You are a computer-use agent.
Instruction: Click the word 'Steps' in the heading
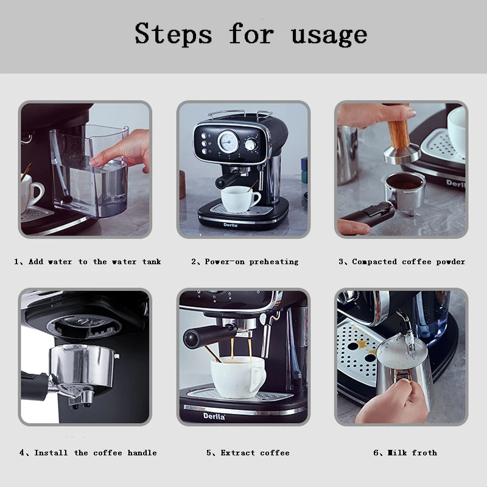click(x=173, y=34)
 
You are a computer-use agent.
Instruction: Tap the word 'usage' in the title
click(x=329, y=35)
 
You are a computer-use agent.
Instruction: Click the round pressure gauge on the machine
click(x=228, y=142)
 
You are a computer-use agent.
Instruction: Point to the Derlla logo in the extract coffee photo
click(x=214, y=416)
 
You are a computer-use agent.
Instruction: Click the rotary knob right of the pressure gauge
click(x=251, y=144)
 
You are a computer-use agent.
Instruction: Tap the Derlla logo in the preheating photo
click(x=231, y=225)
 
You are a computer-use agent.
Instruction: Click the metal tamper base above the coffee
click(x=402, y=155)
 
